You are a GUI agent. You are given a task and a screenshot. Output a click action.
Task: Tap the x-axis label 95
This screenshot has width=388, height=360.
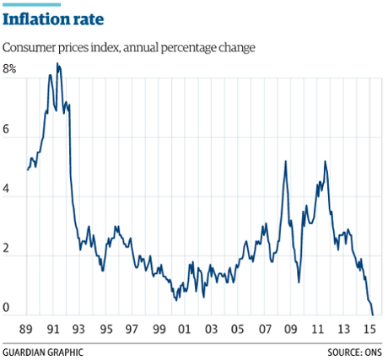[x=107, y=329]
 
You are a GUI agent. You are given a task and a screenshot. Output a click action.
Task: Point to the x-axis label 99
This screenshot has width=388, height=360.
[x=159, y=329]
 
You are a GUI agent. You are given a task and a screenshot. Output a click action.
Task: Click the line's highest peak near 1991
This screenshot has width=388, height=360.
[x=57, y=63]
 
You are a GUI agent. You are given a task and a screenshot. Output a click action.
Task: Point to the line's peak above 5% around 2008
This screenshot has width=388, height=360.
[x=286, y=161]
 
